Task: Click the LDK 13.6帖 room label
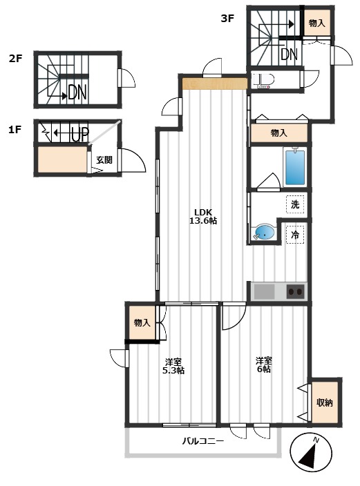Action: coord(203,216)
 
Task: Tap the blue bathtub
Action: coord(295,167)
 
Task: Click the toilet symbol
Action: coord(263,81)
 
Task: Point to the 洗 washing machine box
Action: coord(295,204)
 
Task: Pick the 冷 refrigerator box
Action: coord(295,235)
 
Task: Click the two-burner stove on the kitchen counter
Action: coord(296,291)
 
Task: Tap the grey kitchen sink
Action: coord(265,291)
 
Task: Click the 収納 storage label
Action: coord(325,402)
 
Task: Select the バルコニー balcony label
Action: coord(202,440)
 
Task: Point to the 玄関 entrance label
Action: coord(104,160)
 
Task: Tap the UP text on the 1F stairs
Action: coord(80,134)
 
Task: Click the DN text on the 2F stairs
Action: coord(77,92)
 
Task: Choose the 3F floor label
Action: coord(227,19)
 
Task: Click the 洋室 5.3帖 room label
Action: coord(173,366)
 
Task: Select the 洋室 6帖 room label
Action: coord(264,364)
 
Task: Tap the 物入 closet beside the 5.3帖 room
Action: coord(142,322)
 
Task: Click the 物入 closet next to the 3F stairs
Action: coord(317,23)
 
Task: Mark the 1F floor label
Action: coord(15,130)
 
